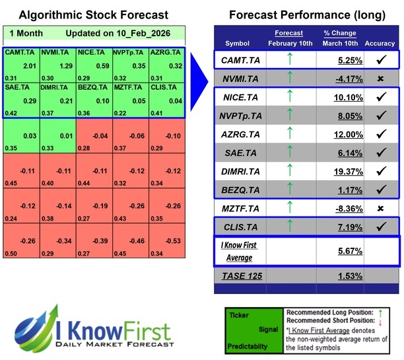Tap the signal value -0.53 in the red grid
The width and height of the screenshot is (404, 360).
click(174, 241)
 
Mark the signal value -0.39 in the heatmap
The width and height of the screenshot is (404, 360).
click(101, 241)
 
